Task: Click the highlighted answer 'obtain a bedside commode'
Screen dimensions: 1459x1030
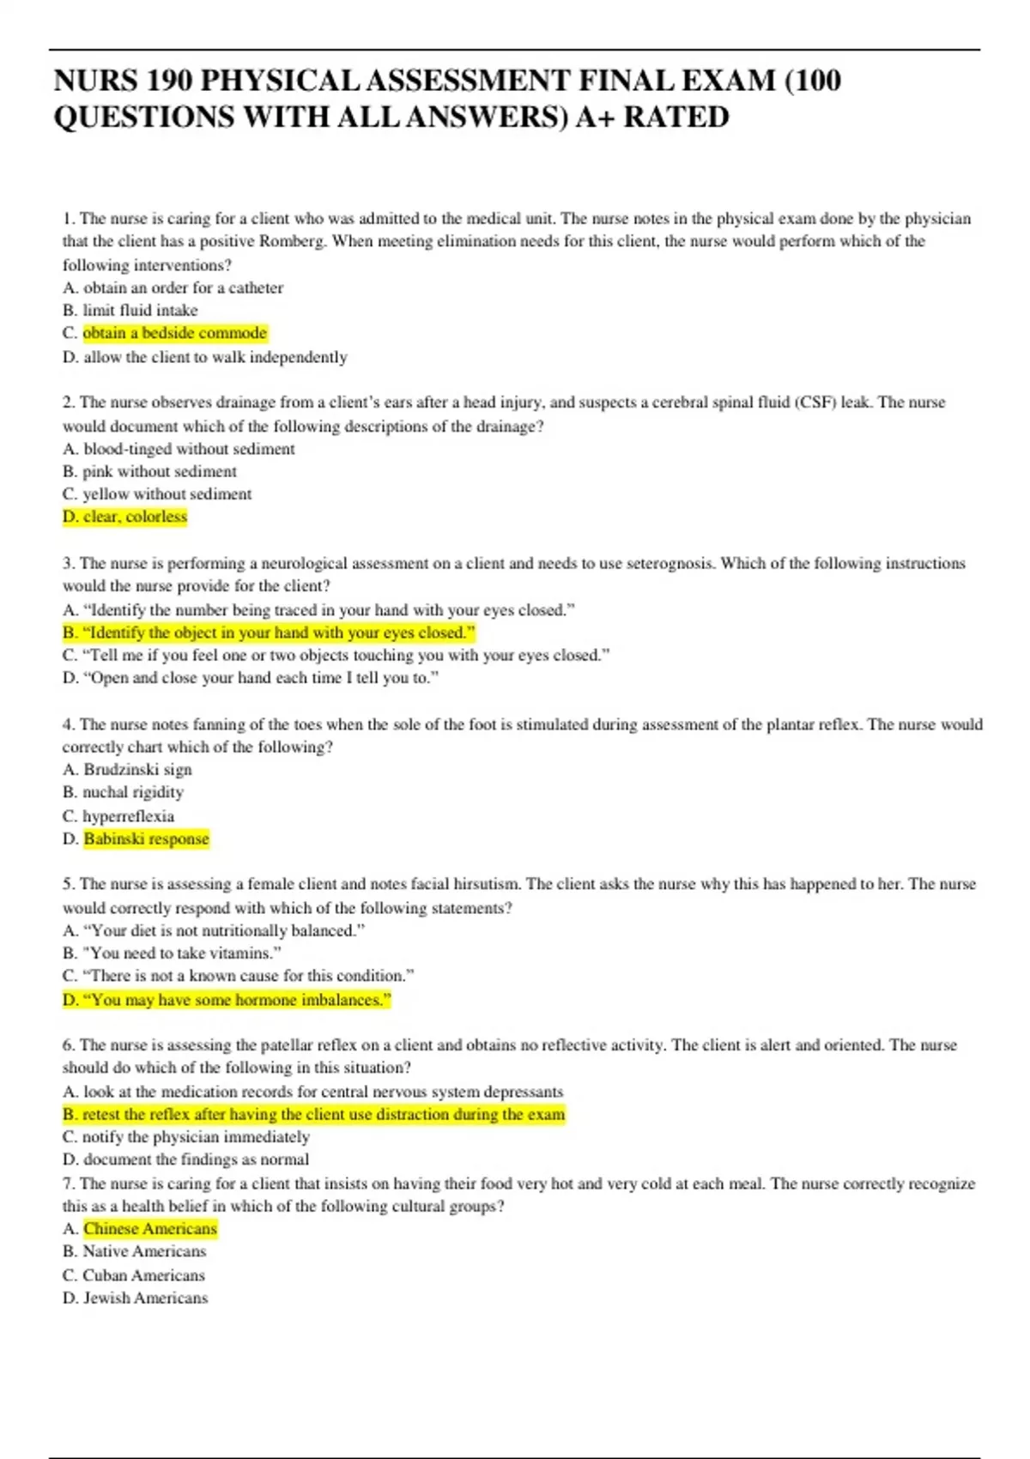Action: (x=175, y=333)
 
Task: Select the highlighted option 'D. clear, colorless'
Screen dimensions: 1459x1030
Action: (x=124, y=517)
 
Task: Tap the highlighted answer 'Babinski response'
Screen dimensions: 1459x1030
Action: (x=146, y=838)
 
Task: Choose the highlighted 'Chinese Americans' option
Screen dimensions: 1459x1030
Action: (x=150, y=1229)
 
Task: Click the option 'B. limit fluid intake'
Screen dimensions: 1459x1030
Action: (x=130, y=310)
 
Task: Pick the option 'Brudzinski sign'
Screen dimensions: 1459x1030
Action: (x=137, y=770)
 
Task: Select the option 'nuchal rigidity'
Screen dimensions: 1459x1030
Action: (x=133, y=792)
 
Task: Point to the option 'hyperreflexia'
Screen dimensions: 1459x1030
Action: (x=128, y=816)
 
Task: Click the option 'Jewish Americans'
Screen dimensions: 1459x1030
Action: (x=145, y=1298)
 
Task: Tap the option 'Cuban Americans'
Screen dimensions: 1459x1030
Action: (x=143, y=1275)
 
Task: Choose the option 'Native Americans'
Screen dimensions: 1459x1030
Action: (x=144, y=1251)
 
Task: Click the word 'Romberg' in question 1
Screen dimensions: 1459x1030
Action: (x=292, y=241)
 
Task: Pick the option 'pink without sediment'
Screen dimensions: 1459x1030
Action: (x=160, y=471)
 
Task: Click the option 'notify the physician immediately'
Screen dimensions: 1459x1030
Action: (x=196, y=1137)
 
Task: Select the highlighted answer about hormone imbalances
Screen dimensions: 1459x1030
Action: (x=227, y=1000)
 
